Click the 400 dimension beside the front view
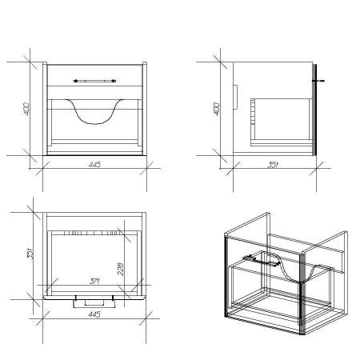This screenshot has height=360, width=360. [26, 109]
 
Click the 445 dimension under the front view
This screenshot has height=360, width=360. [94, 165]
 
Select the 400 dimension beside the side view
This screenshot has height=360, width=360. [217, 109]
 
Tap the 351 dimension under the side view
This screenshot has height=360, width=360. [273, 165]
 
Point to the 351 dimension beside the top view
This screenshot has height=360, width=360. [30, 254]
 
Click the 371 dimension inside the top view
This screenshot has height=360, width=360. [94, 281]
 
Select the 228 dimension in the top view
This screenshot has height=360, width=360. [121, 269]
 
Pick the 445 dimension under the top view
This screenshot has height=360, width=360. [94, 314]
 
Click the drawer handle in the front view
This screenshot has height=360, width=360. [94, 81]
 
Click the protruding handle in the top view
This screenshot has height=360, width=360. [94, 303]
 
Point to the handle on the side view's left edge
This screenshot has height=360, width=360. [235, 97]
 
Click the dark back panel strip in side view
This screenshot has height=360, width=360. [314, 110]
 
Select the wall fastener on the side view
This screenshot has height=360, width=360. [318, 81]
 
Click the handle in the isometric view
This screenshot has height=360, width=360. [262, 261]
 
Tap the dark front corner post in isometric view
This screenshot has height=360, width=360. [302, 294]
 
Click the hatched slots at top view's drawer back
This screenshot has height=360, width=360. [91, 234]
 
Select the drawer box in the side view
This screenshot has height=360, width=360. [282, 122]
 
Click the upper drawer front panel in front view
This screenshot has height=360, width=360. [94, 75]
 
